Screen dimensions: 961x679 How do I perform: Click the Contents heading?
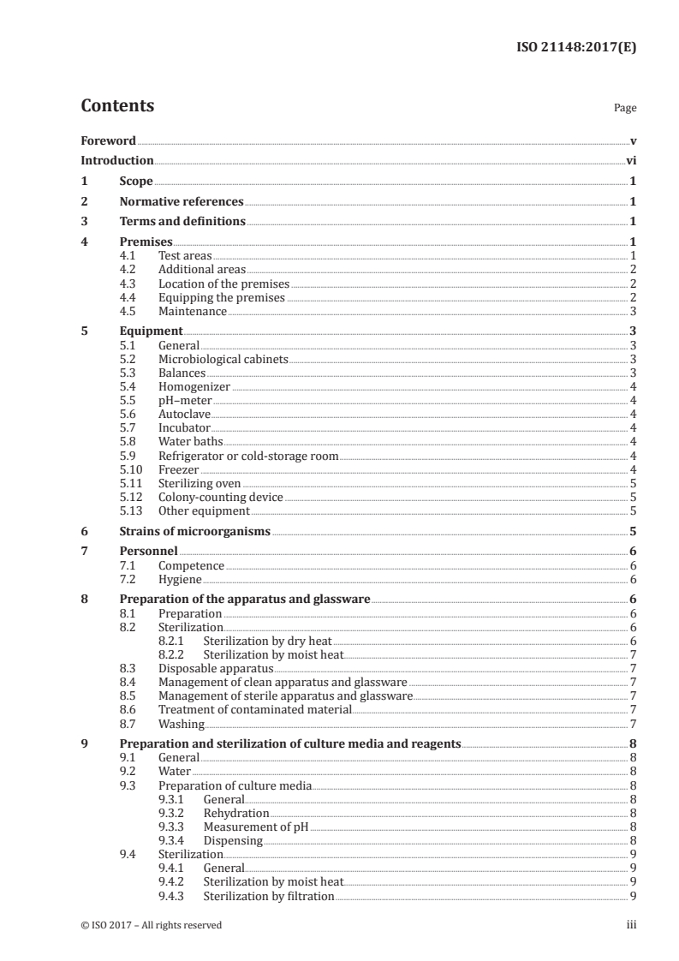click(117, 106)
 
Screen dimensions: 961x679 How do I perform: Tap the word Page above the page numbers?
click(624, 109)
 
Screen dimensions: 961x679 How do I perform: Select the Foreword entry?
click(108, 140)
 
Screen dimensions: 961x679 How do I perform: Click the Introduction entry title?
click(117, 160)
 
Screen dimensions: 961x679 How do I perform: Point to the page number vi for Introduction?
click(630, 160)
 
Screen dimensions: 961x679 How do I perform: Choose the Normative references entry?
click(182, 202)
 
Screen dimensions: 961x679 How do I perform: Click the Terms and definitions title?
click(182, 222)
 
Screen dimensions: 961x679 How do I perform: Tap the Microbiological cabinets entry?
click(223, 360)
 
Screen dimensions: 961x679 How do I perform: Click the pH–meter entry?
click(185, 401)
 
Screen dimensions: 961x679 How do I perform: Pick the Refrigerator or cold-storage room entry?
click(248, 456)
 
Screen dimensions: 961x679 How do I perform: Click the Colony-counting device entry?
click(221, 497)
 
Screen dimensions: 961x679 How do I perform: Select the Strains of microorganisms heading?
click(194, 532)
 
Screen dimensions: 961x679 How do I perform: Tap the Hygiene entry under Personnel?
click(179, 580)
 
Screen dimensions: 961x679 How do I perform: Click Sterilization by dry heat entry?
click(267, 642)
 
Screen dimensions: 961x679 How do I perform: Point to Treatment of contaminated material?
click(255, 710)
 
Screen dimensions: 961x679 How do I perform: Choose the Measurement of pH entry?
click(256, 827)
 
